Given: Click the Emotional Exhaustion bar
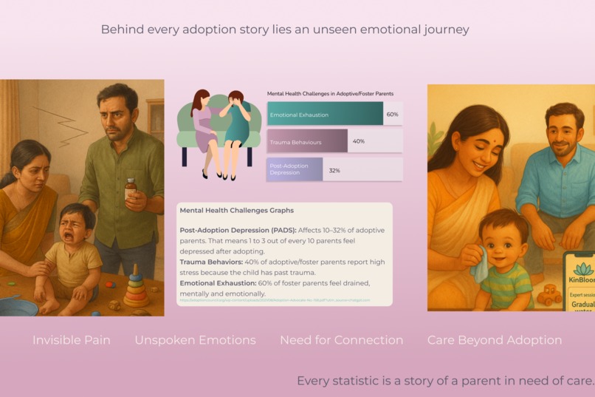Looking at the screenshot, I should tap(325, 114).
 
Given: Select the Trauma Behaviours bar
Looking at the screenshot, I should tap(307, 140).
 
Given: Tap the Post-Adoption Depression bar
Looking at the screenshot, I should tap(295, 169).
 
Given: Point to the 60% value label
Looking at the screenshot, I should tap(392, 115).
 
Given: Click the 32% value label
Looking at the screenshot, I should tap(334, 170).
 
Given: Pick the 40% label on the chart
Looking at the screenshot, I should tap(359, 141).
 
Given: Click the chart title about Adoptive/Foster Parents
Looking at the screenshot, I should tap(330, 94).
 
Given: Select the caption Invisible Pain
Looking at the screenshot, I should tap(72, 340).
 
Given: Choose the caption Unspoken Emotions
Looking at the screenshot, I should tap(195, 340).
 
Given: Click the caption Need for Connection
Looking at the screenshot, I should tap(341, 340).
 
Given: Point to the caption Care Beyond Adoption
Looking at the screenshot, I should tap(495, 340).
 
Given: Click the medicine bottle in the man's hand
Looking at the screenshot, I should tap(131, 189).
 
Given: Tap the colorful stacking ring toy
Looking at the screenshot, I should tap(136, 288).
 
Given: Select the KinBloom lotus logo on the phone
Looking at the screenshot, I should tap(583, 268).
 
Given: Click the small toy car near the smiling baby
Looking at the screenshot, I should tap(548, 296).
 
